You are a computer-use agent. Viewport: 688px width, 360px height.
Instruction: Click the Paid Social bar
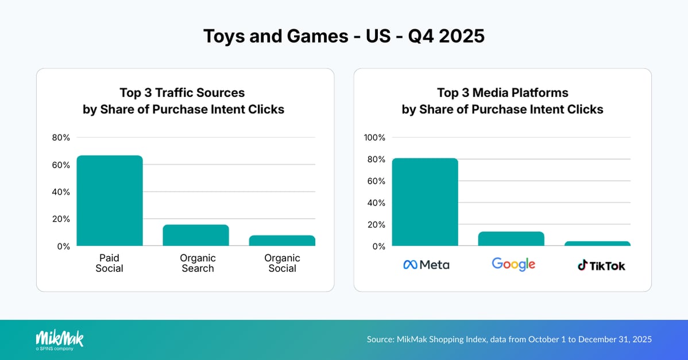pyautogui.click(x=110, y=200)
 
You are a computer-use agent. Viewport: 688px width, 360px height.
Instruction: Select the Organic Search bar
pyautogui.click(x=196, y=235)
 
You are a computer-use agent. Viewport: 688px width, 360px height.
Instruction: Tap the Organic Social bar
pyautogui.click(x=282, y=241)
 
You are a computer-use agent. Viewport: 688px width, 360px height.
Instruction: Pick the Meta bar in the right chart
pyautogui.click(x=425, y=202)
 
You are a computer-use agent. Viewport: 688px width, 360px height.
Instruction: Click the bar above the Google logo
pyautogui.click(x=511, y=239)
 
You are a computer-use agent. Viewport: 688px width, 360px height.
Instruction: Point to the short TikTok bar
pyautogui.click(x=597, y=243)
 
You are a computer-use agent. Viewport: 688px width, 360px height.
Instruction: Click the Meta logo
pyautogui.click(x=426, y=265)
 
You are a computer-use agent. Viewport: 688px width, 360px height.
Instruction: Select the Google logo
pyautogui.click(x=513, y=264)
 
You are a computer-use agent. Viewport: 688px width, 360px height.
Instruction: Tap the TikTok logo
pyautogui.click(x=601, y=265)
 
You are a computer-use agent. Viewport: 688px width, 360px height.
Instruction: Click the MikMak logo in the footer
pyautogui.click(x=59, y=339)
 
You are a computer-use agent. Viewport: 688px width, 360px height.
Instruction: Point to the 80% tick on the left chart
pyautogui.click(x=61, y=137)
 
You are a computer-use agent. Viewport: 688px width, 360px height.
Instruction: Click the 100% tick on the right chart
pyautogui.click(x=374, y=137)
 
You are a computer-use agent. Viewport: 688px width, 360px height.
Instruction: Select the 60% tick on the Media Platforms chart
pyautogui.click(x=376, y=181)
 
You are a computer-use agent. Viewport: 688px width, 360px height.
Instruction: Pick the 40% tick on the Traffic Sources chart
pyautogui.click(x=61, y=192)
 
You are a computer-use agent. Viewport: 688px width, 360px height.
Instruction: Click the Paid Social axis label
pyautogui.click(x=109, y=263)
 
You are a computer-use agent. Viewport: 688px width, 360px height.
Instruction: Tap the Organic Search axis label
pyautogui.click(x=198, y=263)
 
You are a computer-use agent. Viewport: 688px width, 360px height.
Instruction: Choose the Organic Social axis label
pyautogui.click(x=282, y=263)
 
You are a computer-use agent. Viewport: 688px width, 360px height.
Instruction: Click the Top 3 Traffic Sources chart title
pyautogui.click(x=183, y=101)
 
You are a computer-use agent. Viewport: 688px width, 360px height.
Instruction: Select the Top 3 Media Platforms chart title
pyautogui.click(x=502, y=101)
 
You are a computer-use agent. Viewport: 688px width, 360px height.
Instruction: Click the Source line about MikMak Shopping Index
pyautogui.click(x=509, y=339)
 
